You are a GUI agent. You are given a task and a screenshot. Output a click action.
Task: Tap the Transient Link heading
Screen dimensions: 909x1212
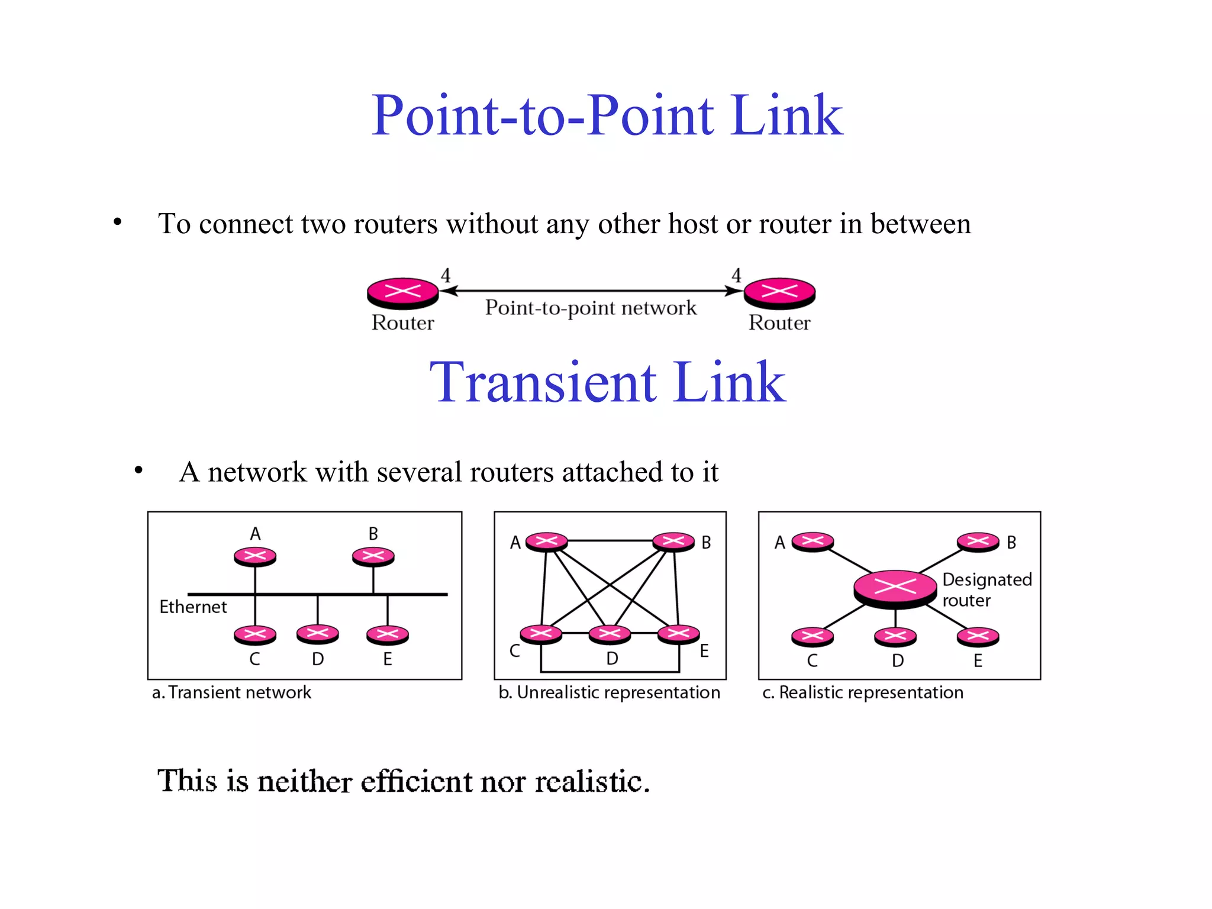[608, 383]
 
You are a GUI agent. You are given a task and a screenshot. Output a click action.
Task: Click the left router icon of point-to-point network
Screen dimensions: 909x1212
[402, 292]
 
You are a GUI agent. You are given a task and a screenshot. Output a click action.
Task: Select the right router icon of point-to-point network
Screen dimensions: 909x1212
[779, 292]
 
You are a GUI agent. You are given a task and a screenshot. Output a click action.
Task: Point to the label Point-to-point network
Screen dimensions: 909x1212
[591, 308]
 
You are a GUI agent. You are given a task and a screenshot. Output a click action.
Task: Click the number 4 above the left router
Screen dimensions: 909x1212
[446, 275]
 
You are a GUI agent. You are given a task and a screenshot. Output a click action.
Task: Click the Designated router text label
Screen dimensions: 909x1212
[987, 589]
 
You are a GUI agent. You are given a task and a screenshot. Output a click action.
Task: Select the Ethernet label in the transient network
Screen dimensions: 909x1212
[193, 607]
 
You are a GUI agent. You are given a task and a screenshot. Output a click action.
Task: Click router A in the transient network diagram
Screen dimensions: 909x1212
[255, 556]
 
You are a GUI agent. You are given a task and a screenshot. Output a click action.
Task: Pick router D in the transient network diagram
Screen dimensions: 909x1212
[318, 634]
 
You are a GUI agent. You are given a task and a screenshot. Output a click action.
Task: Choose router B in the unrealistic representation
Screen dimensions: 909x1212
[673, 541]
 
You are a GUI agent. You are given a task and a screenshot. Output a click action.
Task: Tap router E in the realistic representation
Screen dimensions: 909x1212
[978, 637]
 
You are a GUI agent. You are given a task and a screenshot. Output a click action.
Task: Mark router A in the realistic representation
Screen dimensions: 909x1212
[813, 541]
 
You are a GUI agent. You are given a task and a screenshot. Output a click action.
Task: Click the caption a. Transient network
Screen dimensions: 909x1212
[231, 692]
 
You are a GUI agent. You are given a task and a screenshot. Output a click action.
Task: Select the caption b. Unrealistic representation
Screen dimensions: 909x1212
[610, 692]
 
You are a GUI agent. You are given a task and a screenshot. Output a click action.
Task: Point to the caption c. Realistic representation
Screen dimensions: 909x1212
[863, 692]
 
